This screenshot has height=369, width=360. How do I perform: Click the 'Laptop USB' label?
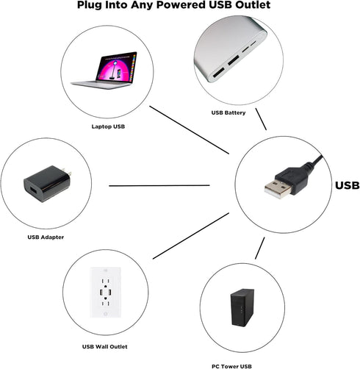(x=108, y=126)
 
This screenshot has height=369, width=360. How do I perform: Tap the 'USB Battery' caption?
(x=228, y=112)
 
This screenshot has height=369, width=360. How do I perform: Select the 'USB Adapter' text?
(x=46, y=237)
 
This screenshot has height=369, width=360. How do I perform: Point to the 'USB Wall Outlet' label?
(x=104, y=347)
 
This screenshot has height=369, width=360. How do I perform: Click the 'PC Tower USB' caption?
(x=231, y=366)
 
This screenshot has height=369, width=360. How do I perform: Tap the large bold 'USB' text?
(x=347, y=185)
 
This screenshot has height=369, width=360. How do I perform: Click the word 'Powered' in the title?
(x=181, y=5)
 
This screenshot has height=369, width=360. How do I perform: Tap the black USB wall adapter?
(x=47, y=183)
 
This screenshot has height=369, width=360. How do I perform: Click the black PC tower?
(x=242, y=307)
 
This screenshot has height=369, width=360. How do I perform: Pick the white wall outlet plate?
(x=105, y=293)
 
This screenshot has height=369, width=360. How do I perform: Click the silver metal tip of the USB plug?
(x=278, y=189)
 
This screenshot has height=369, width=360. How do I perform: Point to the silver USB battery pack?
(x=230, y=49)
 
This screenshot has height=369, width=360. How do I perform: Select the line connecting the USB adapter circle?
(x=159, y=186)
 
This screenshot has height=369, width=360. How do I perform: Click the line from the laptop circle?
(x=190, y=130)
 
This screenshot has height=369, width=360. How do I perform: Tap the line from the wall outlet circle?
(x=191, y=236)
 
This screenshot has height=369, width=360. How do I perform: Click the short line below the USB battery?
(x=261, y=119)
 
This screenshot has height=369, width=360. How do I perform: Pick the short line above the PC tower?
(x=260, y=248)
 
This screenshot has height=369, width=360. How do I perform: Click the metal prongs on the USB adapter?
(x=67, y=171)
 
